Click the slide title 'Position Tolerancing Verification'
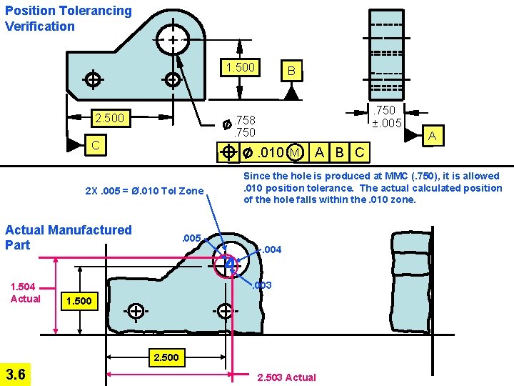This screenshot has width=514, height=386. tap(68, 19)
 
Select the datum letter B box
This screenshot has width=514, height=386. tap(290, 71)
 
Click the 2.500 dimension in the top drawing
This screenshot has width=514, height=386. tap(109, 117)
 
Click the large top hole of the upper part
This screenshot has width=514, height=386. tap(173, 39)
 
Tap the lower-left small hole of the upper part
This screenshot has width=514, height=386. tap(92, 79)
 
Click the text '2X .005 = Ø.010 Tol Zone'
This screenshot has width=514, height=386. tap(144, 191)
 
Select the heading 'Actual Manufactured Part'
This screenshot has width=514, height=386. tap(69, 237)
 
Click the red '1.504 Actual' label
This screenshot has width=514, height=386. tap(26, 293)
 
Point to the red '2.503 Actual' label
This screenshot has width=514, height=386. tap(286, 377)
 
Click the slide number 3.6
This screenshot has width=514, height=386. tap(16, 374)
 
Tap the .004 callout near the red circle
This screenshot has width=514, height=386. tap(273, 249)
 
